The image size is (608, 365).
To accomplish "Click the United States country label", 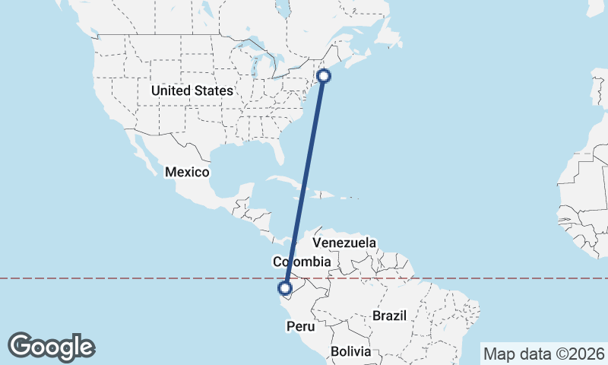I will tap(192, 90).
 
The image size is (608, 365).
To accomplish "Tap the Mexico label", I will tap(187, 173).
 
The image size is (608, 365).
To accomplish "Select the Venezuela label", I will tap(344, 243).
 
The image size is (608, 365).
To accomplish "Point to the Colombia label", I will tap(302, 262).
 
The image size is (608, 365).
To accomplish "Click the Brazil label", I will tap(390, 315).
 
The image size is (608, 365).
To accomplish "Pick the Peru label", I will tap(299, 326).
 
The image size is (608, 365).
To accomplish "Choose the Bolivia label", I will tap(350, 352).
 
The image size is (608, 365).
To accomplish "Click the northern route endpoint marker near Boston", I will tap(324, 75).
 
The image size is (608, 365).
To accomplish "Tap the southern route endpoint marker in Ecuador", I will tap(285, 288).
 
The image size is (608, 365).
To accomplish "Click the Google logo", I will tap(51, 347).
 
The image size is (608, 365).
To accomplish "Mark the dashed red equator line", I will tap(494, 278).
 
